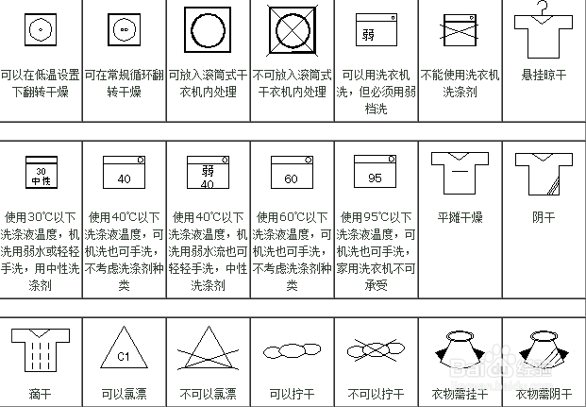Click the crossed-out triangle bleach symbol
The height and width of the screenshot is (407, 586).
click(x=208, y=353)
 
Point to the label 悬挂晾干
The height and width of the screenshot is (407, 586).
click(x=544, y=74)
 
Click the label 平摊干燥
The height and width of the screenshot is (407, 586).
click(x=460, y=217)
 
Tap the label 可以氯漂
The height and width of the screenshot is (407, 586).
click(x=124, y=394)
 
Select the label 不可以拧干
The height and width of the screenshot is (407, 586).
click(x=375, y=394)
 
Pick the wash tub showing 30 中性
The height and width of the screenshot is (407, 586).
click(x=40, y=174)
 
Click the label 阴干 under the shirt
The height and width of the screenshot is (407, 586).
click(x=544, y=217)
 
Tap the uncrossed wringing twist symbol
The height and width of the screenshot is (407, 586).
click(x=291, y=353)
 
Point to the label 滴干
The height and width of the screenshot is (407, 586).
click(x=40, y=394)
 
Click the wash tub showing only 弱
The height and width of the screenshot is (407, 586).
click(x=375, y=32)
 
